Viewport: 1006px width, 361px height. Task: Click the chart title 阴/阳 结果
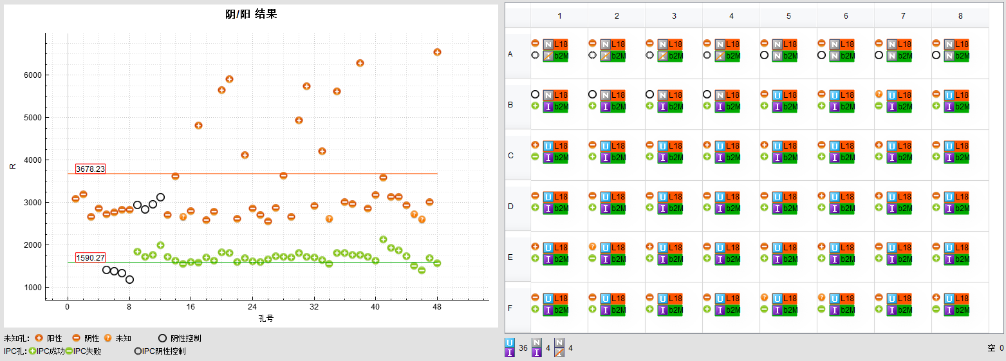(x=251, y=14)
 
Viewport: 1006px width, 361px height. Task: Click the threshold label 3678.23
(x=90, y=169)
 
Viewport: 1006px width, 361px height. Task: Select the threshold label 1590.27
(x=90, y=257)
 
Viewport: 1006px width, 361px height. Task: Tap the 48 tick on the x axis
(x=437, y=306)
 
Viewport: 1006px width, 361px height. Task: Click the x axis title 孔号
(x=266, y=318)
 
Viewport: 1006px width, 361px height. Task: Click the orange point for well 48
(x=437, y=52)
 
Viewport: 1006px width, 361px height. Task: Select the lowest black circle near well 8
(x=129, y=279)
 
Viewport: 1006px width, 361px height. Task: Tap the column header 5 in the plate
(x=788, y=15)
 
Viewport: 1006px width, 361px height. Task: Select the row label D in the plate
(x=510, y=207)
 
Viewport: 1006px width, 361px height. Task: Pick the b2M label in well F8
(x=962, y=310)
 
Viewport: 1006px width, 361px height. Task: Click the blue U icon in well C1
(x=548, y=146)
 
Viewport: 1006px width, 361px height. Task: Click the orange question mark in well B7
(x=879, y=94)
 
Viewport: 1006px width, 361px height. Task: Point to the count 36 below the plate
(x=523, y=348)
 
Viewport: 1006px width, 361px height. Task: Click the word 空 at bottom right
(x=991, y=348)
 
